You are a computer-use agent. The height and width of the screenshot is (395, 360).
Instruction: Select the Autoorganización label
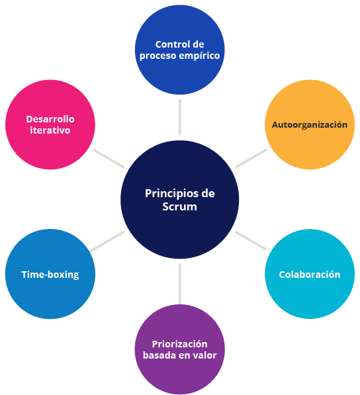tap(310, 124)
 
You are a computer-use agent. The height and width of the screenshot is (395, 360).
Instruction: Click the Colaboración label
tap(310, 275)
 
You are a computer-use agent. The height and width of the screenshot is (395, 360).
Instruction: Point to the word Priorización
tap(179, 344)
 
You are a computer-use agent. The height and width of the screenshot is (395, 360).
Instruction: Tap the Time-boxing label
tap(50, 275)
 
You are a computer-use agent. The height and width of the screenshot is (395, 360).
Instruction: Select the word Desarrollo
tap(50, 119)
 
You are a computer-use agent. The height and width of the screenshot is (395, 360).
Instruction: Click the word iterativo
tap(50, 130)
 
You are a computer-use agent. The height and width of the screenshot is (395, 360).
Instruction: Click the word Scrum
tap(179, 206)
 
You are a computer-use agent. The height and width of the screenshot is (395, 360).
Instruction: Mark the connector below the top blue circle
tap(179, 117)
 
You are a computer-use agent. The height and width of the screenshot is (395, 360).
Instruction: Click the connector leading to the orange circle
tap(251, 158)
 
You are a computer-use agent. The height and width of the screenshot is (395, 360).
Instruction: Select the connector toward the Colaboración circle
tap(251, 241)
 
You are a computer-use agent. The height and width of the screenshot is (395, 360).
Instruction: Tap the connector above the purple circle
tap(179, 284)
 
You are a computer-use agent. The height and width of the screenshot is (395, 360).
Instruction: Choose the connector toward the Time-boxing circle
tap(107, 241)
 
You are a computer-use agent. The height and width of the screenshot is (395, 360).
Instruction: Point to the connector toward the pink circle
tap(109, 158)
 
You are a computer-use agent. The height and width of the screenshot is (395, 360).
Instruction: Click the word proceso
tap(155, 56)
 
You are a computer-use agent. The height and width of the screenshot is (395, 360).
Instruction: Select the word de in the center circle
tap(208, 194)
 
